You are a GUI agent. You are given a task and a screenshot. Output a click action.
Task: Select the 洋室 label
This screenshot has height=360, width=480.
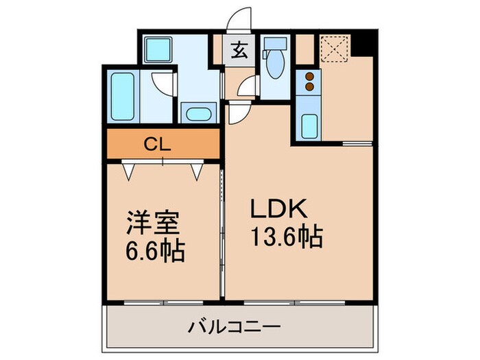(153, 224)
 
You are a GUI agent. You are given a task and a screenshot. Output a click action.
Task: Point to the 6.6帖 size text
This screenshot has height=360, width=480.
(154, 251)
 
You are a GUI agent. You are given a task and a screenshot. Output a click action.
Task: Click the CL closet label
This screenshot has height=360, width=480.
(161, 144)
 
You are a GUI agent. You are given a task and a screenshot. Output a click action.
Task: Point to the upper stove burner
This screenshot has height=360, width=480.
(309, 76)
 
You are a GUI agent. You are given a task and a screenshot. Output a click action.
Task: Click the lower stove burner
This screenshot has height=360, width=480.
(309, 86)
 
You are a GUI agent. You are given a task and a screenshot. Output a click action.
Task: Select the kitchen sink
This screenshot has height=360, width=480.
(309, 126)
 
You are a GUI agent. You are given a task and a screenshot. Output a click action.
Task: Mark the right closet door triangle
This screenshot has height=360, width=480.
(197, 171)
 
